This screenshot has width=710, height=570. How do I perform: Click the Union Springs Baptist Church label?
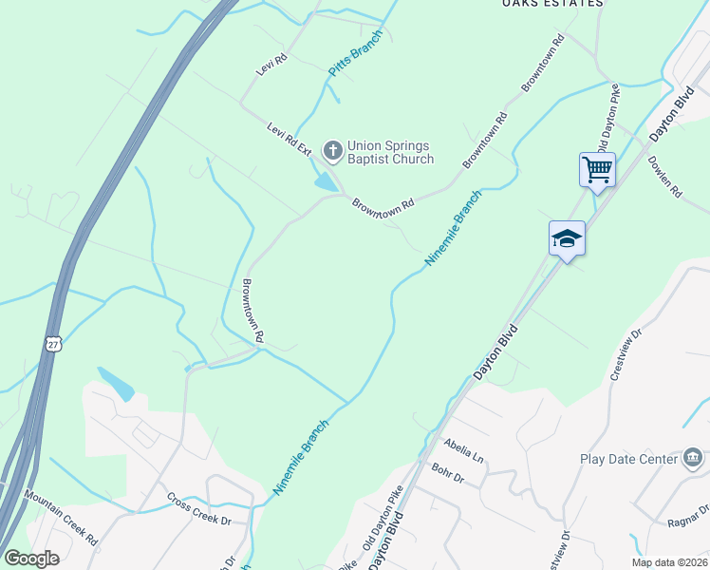point(390,152)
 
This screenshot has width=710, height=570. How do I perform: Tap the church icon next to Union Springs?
point(332,150)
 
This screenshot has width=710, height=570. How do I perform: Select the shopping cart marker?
point(597,170)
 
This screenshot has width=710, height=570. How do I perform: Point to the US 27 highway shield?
point(53,343)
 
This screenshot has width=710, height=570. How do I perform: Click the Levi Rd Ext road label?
point(289,139)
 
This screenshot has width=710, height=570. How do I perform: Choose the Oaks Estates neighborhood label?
point(552,4)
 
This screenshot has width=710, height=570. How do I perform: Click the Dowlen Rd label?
point(664,177)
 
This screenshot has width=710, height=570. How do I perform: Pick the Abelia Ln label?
point(463,450)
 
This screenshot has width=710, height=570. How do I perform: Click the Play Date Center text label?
point(628,460)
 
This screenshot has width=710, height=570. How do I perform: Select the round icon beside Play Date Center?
point(693,460)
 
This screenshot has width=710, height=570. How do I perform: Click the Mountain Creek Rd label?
point(62,519)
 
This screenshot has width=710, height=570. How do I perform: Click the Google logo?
point(31,559)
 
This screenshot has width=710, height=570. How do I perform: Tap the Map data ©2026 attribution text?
point(669,562)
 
